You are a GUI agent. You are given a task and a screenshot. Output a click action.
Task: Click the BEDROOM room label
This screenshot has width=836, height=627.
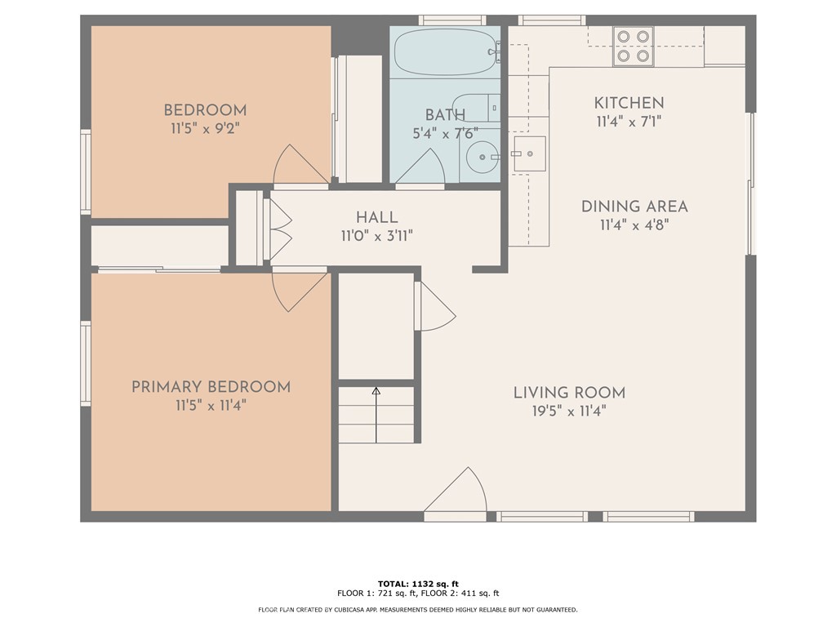click(205, 110)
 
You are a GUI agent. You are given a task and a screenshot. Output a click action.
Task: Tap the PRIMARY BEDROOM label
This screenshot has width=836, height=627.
click(211, 386)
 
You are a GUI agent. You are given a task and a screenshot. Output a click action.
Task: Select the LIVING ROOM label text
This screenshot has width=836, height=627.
click(569, 393)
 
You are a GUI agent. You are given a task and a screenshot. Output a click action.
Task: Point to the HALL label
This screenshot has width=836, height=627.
click(377, 217)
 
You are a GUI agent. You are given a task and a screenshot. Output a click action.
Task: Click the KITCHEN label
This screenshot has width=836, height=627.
click(629, 103)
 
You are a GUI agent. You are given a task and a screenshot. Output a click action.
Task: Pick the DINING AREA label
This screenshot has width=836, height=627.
click(634, 207)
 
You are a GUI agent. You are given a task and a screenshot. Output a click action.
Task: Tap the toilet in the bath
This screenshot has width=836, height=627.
click(476, 109)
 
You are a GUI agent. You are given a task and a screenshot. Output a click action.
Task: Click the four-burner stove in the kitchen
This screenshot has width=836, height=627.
click(634, 46)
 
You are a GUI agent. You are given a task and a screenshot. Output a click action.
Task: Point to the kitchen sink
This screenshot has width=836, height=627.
click(529, 153)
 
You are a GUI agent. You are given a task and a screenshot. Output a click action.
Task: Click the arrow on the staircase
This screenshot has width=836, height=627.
click(376, 415)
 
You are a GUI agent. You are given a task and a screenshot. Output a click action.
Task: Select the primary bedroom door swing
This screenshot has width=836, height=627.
click(299, 291)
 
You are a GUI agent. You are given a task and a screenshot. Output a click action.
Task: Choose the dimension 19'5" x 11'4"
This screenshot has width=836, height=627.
click(569, 411)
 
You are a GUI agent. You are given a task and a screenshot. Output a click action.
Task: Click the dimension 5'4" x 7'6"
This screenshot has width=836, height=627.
click(445, 133)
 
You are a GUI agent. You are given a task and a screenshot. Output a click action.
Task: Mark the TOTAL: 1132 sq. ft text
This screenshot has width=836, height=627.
click(418, 584)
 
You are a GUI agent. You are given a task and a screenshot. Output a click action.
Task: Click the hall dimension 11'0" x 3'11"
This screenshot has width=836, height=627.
click(377, 235)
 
